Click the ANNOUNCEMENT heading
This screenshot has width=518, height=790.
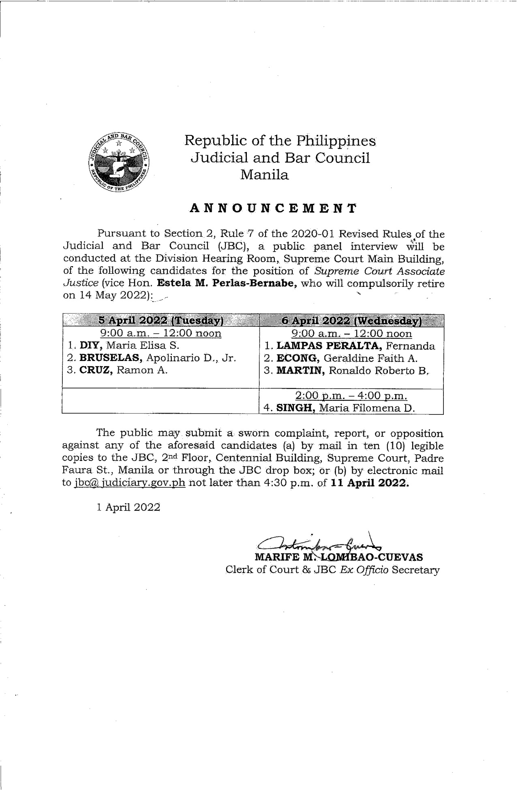(x=274, y=209)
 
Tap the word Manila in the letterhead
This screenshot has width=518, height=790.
(x=264, y=175)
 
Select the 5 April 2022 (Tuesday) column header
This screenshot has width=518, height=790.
(x=161, y=320)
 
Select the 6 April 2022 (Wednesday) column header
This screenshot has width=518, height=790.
(x=351, y=321)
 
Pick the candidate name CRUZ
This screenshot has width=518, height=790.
(x=96, y=370)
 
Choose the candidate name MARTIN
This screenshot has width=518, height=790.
(x=300, y=371)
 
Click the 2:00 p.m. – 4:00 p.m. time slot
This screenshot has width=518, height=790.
(x=351, y=396)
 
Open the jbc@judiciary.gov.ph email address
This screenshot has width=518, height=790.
(x=130, y=483)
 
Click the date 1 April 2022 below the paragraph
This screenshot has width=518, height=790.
(x=128, y=507)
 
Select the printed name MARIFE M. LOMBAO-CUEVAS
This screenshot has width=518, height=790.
(x=338, y=557)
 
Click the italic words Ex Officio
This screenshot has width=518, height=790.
(x=364, y=570)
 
